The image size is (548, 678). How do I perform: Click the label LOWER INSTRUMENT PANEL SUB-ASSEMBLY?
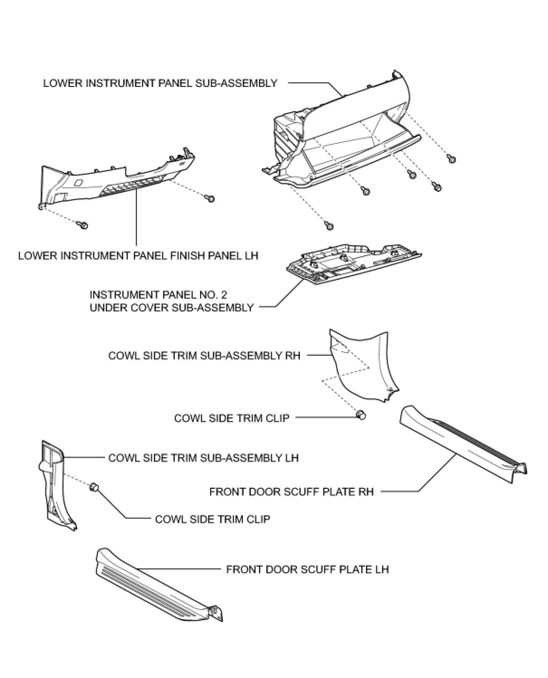(x=160, y=83)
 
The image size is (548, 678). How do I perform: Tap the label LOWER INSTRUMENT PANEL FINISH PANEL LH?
(x=138, y=256)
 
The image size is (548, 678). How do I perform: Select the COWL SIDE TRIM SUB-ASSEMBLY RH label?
(x=204, y=355)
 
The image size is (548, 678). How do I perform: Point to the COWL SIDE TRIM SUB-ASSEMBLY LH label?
(x=203, y=458)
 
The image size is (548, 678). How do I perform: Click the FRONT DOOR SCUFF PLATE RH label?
(x=292, y=492)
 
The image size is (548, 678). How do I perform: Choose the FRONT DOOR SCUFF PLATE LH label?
(x=308, y=569)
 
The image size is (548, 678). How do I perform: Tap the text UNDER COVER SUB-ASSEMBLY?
(x=172, y=308)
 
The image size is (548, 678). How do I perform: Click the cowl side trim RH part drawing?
(x=362, y=367)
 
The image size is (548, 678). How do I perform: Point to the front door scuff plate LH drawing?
(x=154, y=584)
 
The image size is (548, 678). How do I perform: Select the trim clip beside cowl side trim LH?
(x=94, y=487)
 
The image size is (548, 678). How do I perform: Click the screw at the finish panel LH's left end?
(x=83, y=224)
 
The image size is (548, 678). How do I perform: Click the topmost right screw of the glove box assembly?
(x=451, y=158)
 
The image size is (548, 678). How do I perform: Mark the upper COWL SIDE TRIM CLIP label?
(x=231, y=418)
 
